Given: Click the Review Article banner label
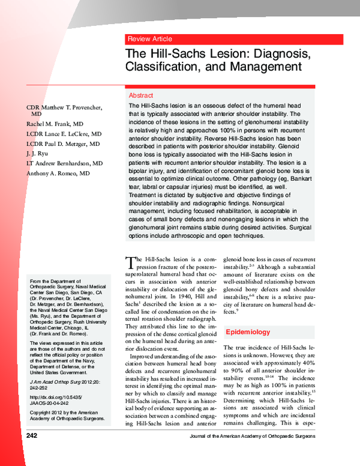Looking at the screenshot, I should click(149, 39).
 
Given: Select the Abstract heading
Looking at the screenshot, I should click(141, 95).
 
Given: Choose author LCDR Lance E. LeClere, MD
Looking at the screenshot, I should click(62, 135).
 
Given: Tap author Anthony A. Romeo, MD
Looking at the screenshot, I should click(58, 174).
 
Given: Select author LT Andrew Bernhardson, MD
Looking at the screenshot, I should click(64, 163).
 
